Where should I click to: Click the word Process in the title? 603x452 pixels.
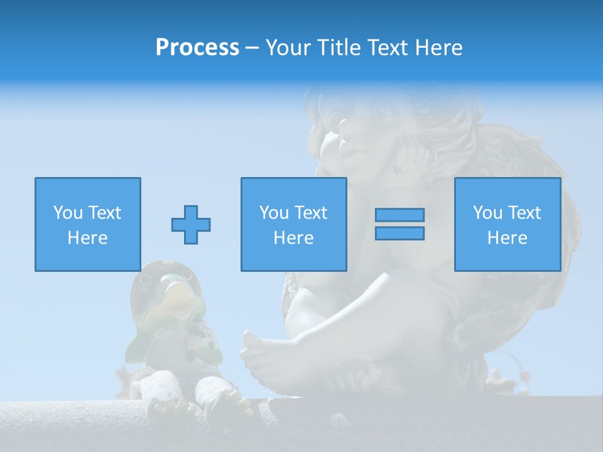197,48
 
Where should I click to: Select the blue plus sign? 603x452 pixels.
191,224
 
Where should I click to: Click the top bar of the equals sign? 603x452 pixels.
399,215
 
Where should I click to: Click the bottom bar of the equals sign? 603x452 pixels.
399,233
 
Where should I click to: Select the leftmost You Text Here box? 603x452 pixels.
87,224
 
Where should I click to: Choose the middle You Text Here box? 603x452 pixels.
293,224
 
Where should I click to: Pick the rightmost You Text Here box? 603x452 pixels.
507,224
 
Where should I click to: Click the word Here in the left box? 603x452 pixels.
87,238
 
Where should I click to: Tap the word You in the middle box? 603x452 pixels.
274,213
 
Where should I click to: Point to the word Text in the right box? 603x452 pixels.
524,213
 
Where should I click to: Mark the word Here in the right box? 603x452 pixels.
507,238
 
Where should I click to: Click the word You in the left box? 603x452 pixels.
68,213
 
